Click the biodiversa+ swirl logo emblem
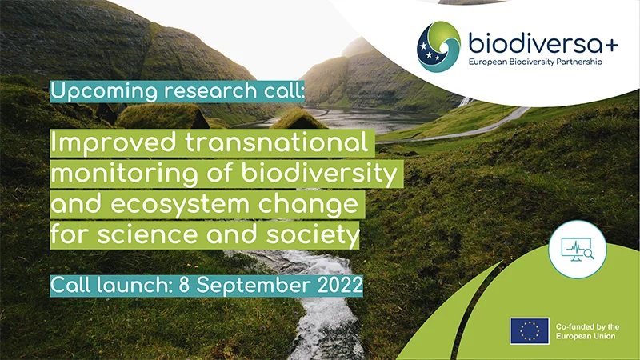pos(438,46)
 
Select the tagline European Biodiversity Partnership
pos(535,62)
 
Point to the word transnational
pos(277,142)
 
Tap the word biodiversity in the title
pos(319,173)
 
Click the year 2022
pos(340,285)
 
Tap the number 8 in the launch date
pos(184,285)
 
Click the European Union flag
pos(530,330)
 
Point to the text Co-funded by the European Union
pos(587,331)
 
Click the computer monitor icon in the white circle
pos(578,250)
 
